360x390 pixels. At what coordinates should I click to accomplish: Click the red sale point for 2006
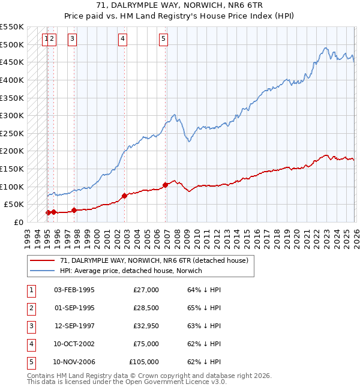point(164,185)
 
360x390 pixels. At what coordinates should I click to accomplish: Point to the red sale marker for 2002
point(124,196)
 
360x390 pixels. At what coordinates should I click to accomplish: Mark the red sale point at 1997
point(74,210)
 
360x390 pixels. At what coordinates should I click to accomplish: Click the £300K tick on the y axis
point(11,115)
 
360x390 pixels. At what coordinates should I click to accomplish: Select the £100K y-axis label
point(11,187)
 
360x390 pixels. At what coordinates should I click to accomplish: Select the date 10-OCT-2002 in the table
point(74,344)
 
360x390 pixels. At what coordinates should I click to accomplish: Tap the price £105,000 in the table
point(144,362)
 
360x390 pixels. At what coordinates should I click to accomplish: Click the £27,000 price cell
point(146,290)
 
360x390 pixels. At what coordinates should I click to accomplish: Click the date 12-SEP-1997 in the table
point(74,326)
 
